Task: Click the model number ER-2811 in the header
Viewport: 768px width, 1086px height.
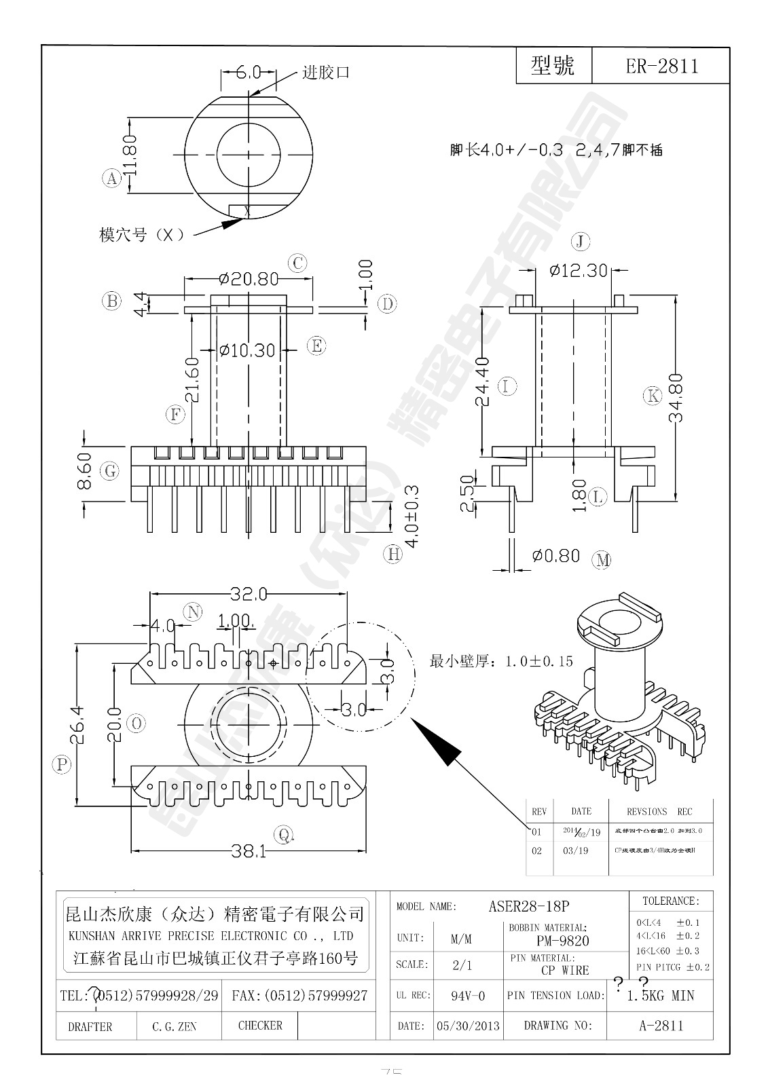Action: [x=661, y=66]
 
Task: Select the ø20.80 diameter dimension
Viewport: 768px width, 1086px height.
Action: [x=249, y=278]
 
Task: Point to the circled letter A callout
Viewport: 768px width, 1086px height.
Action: [x=111, y=179]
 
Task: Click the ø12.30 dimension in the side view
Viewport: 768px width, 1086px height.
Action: [x=578, y=271]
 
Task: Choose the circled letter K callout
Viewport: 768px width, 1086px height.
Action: [x=653, y=396]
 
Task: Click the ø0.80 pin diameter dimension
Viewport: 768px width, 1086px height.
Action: [x=555, y=556]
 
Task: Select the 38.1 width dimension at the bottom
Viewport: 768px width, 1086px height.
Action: [x=249, y=851]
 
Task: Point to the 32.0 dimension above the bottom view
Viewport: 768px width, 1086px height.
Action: [x=248, y=595]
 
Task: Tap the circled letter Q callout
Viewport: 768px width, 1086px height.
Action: [x=284, y=834]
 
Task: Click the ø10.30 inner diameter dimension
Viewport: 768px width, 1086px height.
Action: [x=247, y=350]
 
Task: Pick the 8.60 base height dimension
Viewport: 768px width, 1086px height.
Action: [x=85, y=468]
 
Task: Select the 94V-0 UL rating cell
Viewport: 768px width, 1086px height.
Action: [x=468, y=996]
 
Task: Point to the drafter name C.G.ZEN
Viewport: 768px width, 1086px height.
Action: [x=175, y=1027]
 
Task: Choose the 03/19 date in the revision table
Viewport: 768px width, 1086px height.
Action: [x=575, y=850]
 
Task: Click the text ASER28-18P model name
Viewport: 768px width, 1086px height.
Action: [x=528, y=906]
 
